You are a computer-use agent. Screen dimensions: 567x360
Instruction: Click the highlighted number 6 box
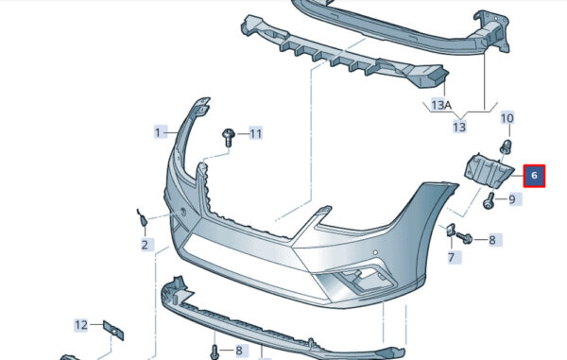coord(534,176)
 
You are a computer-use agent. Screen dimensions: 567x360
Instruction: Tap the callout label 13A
coord(441,105)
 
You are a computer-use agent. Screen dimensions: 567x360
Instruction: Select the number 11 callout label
coord(256,134)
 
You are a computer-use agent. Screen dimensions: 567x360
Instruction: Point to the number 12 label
coord(81,325)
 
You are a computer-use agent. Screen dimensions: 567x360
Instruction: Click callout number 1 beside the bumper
coord(158,132)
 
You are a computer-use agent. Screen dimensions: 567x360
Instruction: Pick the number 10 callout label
coord(507,118)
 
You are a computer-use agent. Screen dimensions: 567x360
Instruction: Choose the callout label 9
coord(512,199)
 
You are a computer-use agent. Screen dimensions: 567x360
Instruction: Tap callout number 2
coord(145,245)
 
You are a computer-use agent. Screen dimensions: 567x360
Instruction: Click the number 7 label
coord(451,257)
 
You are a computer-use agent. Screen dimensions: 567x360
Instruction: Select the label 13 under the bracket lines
coord(459,127)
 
